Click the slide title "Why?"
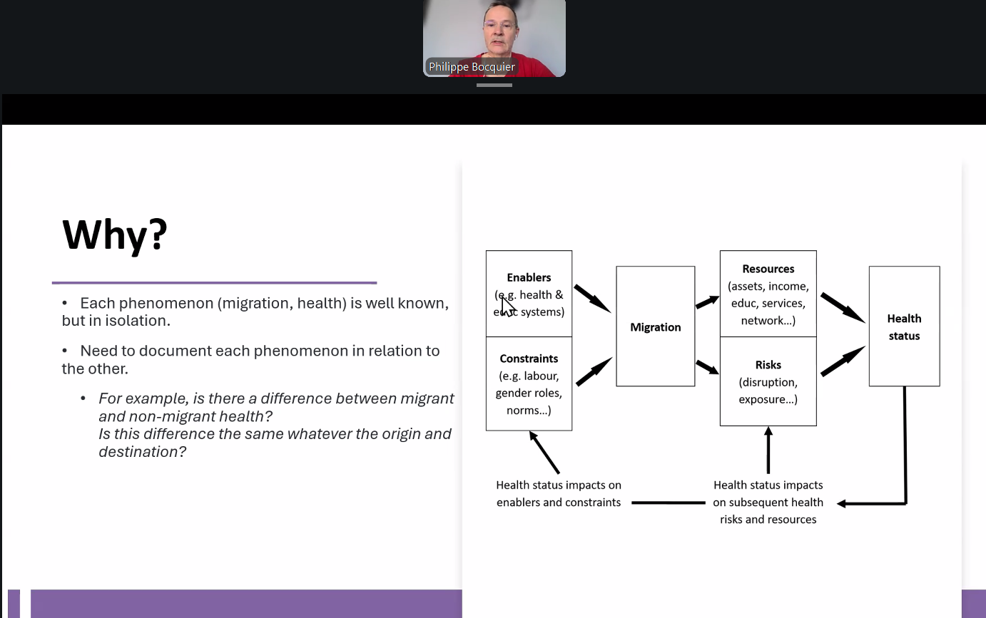coord(115,235)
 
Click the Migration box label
coord(656,327)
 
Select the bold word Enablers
coord(529,277)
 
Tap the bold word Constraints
coord(529,359)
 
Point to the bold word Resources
coord(768,269)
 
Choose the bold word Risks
coord(768,365)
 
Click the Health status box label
coord(904,327)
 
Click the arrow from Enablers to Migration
coord(592,299)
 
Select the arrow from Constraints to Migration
coord(594,371)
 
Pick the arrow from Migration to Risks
coord(707,367)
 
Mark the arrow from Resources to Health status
coord(843,307)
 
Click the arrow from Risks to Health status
coord(843,361)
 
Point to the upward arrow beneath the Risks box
coord(768,450)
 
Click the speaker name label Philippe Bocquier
coord(472,67)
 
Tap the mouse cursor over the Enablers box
coord(507,306)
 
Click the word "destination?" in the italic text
coord(142,452)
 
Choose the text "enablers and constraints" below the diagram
coord(559,503)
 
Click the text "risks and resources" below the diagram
coord(768,520)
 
